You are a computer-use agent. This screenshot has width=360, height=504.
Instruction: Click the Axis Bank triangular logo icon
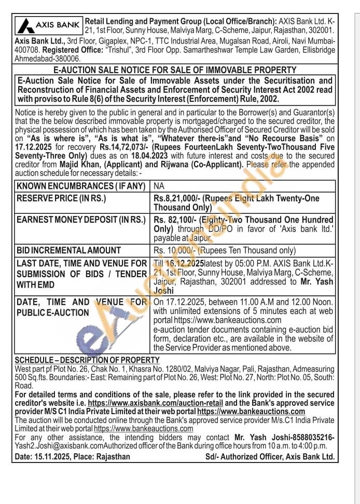pyautogui.click(x=25, y=24)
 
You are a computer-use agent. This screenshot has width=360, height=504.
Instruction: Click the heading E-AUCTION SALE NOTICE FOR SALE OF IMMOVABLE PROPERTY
pyautogui.click(x=175, y=70)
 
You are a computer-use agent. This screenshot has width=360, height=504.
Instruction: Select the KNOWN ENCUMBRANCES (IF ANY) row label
pyautogui.click(x=80, y=186)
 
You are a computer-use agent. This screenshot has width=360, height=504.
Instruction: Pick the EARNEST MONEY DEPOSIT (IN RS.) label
pyautogui.click(x=81, y=220)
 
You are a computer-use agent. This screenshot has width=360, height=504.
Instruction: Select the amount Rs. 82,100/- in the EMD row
pyautogui.click(x=174, y=220)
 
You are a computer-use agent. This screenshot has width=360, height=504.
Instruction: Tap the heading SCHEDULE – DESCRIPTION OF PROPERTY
pyautogui.click(x=87, y=360)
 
